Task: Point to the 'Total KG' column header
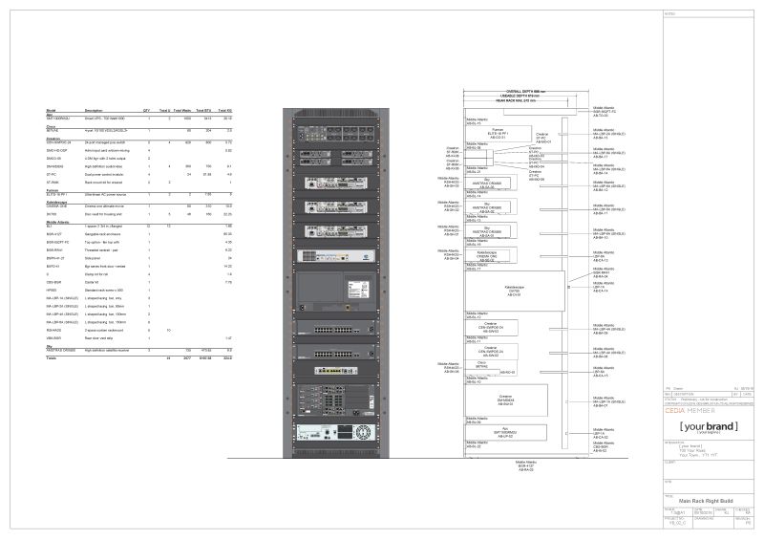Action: tap(226, 111)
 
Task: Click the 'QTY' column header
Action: tap(146, 111)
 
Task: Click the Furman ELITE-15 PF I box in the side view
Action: tap(497, 135)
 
